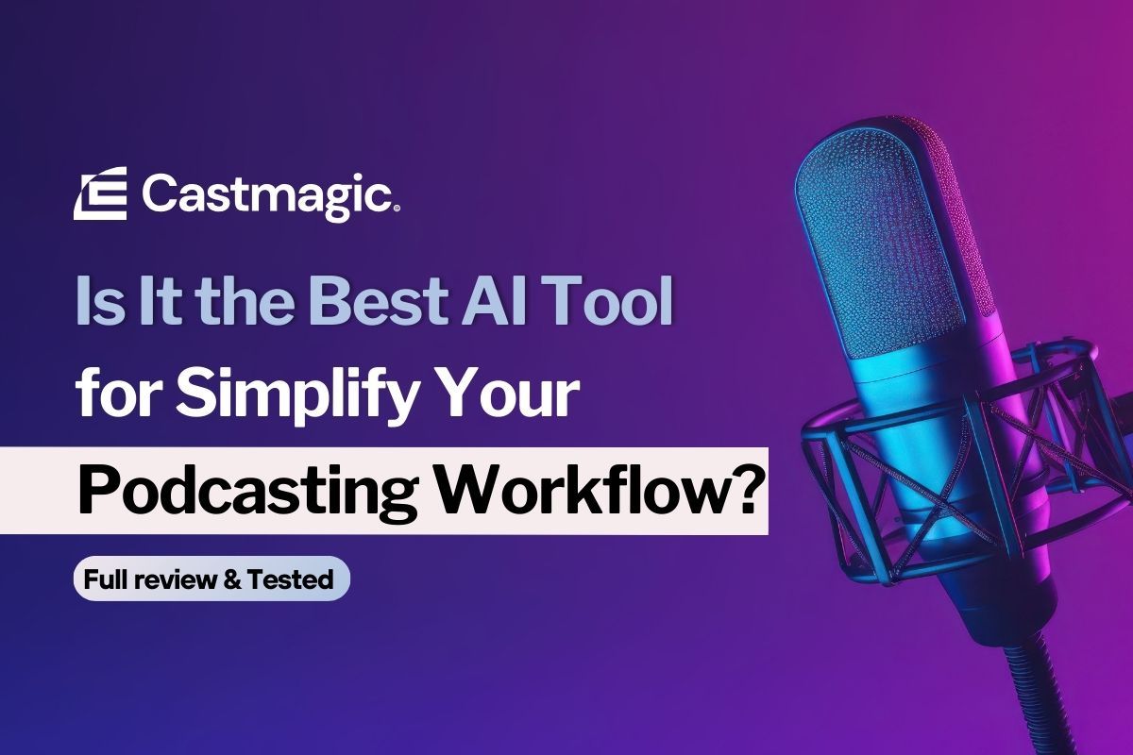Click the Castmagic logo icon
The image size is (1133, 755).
coord(100,195)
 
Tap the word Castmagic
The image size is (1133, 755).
coord(267,195)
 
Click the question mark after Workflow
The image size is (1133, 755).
coord(742,489)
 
